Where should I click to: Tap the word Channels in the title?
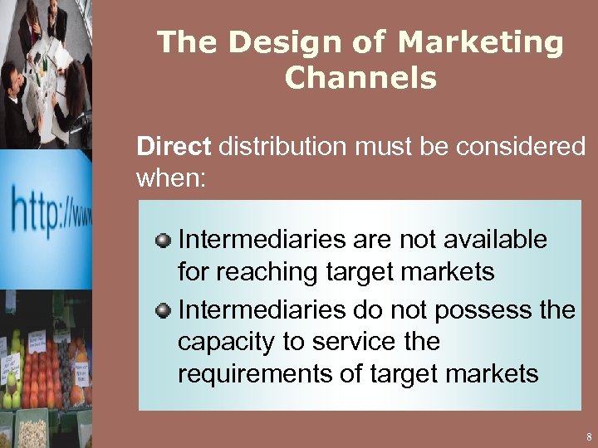tap(360, 78)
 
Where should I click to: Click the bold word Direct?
tap(174, 147)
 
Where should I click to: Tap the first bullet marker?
tap(164, 241)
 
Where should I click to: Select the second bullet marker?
tap(164, 311)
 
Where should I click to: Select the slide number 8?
tap(588, 436)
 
